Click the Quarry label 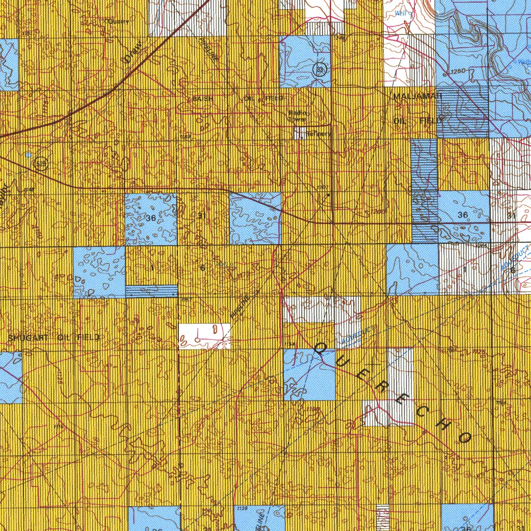point(118,21)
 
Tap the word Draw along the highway point(134,54)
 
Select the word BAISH point(202,99)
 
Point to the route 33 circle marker point(322,70)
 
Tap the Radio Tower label point(299,116)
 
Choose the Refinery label point(317,134)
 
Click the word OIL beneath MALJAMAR point(402,121)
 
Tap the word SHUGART point(29,338)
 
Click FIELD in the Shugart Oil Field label point(88,338)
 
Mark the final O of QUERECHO point(464,437)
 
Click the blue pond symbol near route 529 point(27,155)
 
